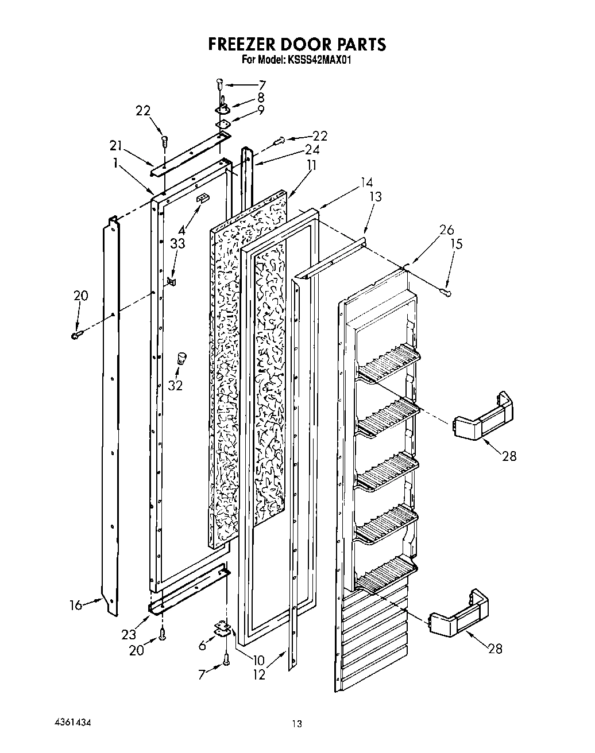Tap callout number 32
point(175,386)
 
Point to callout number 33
point(177,243)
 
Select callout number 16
point(76,604)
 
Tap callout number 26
point(446,231)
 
